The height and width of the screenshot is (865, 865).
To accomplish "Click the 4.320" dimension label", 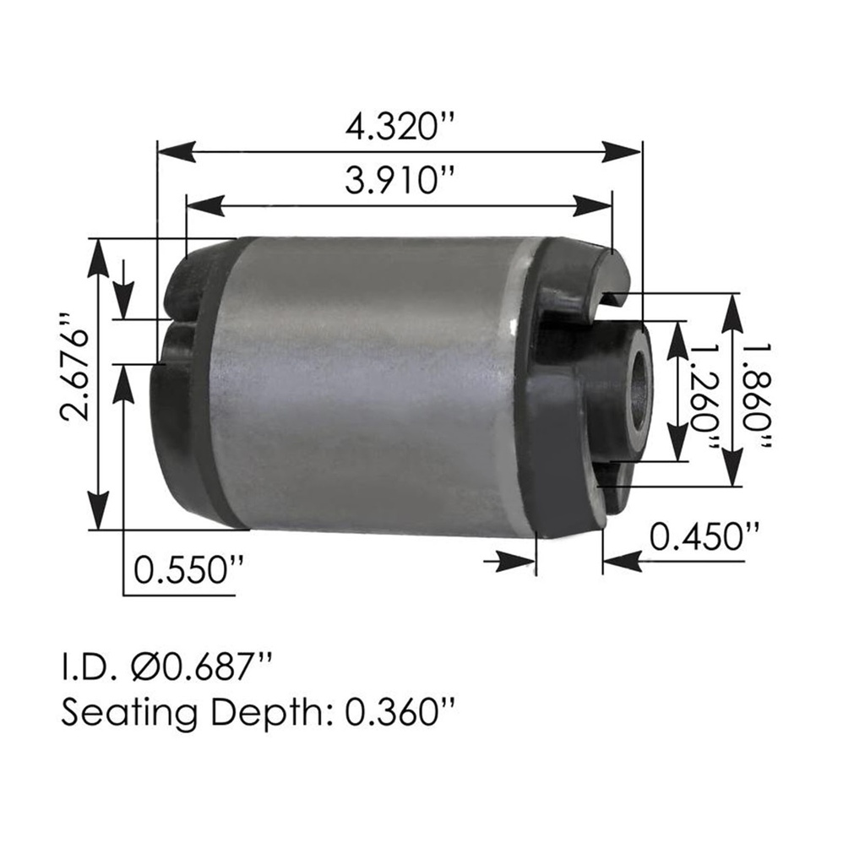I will tap(400, 128).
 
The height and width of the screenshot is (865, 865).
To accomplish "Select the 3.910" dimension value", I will tap(400, 181).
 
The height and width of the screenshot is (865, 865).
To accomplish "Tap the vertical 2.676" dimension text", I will tap(78, 368).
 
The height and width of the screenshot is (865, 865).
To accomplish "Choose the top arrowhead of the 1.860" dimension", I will tap(733, 311).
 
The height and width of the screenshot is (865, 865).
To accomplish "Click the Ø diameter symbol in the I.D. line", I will tap(149, 667).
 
